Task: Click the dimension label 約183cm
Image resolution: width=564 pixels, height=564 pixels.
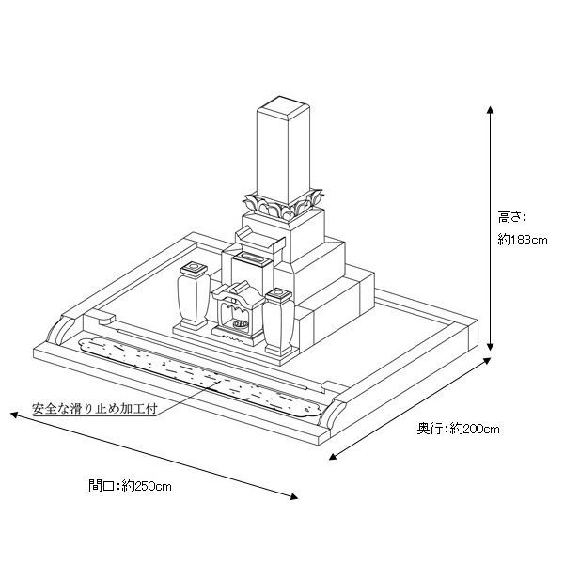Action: [523, 239]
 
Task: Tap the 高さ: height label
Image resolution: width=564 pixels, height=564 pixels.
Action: [512, 217]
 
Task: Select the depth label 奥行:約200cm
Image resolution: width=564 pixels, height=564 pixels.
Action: [458, 429]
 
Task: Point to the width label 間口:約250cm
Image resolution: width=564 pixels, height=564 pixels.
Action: [130, 486]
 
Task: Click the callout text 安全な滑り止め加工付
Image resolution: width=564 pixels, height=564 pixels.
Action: [95, 409]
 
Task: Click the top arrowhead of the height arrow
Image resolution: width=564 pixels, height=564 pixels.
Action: [490, 110]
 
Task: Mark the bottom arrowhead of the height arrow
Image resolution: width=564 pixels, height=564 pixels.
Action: [490, 346]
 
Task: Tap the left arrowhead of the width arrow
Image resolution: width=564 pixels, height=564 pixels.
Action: [14, 415]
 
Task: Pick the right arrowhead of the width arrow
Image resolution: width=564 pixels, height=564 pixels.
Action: [294, 496]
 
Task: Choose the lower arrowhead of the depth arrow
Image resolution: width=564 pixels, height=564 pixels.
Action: [333, 457]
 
